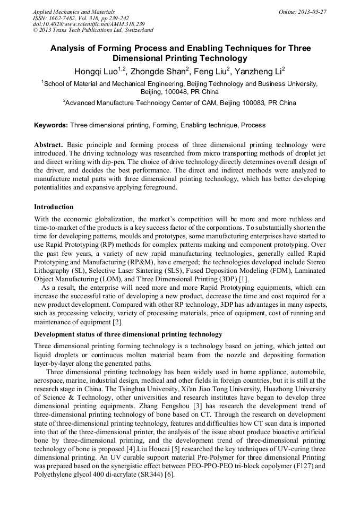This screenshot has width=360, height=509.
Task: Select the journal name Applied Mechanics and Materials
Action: point(74,12)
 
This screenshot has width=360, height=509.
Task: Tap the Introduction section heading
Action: point(54,207)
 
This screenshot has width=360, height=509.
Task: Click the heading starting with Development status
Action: point(128,334)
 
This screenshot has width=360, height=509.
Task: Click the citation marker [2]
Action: point(117,322)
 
